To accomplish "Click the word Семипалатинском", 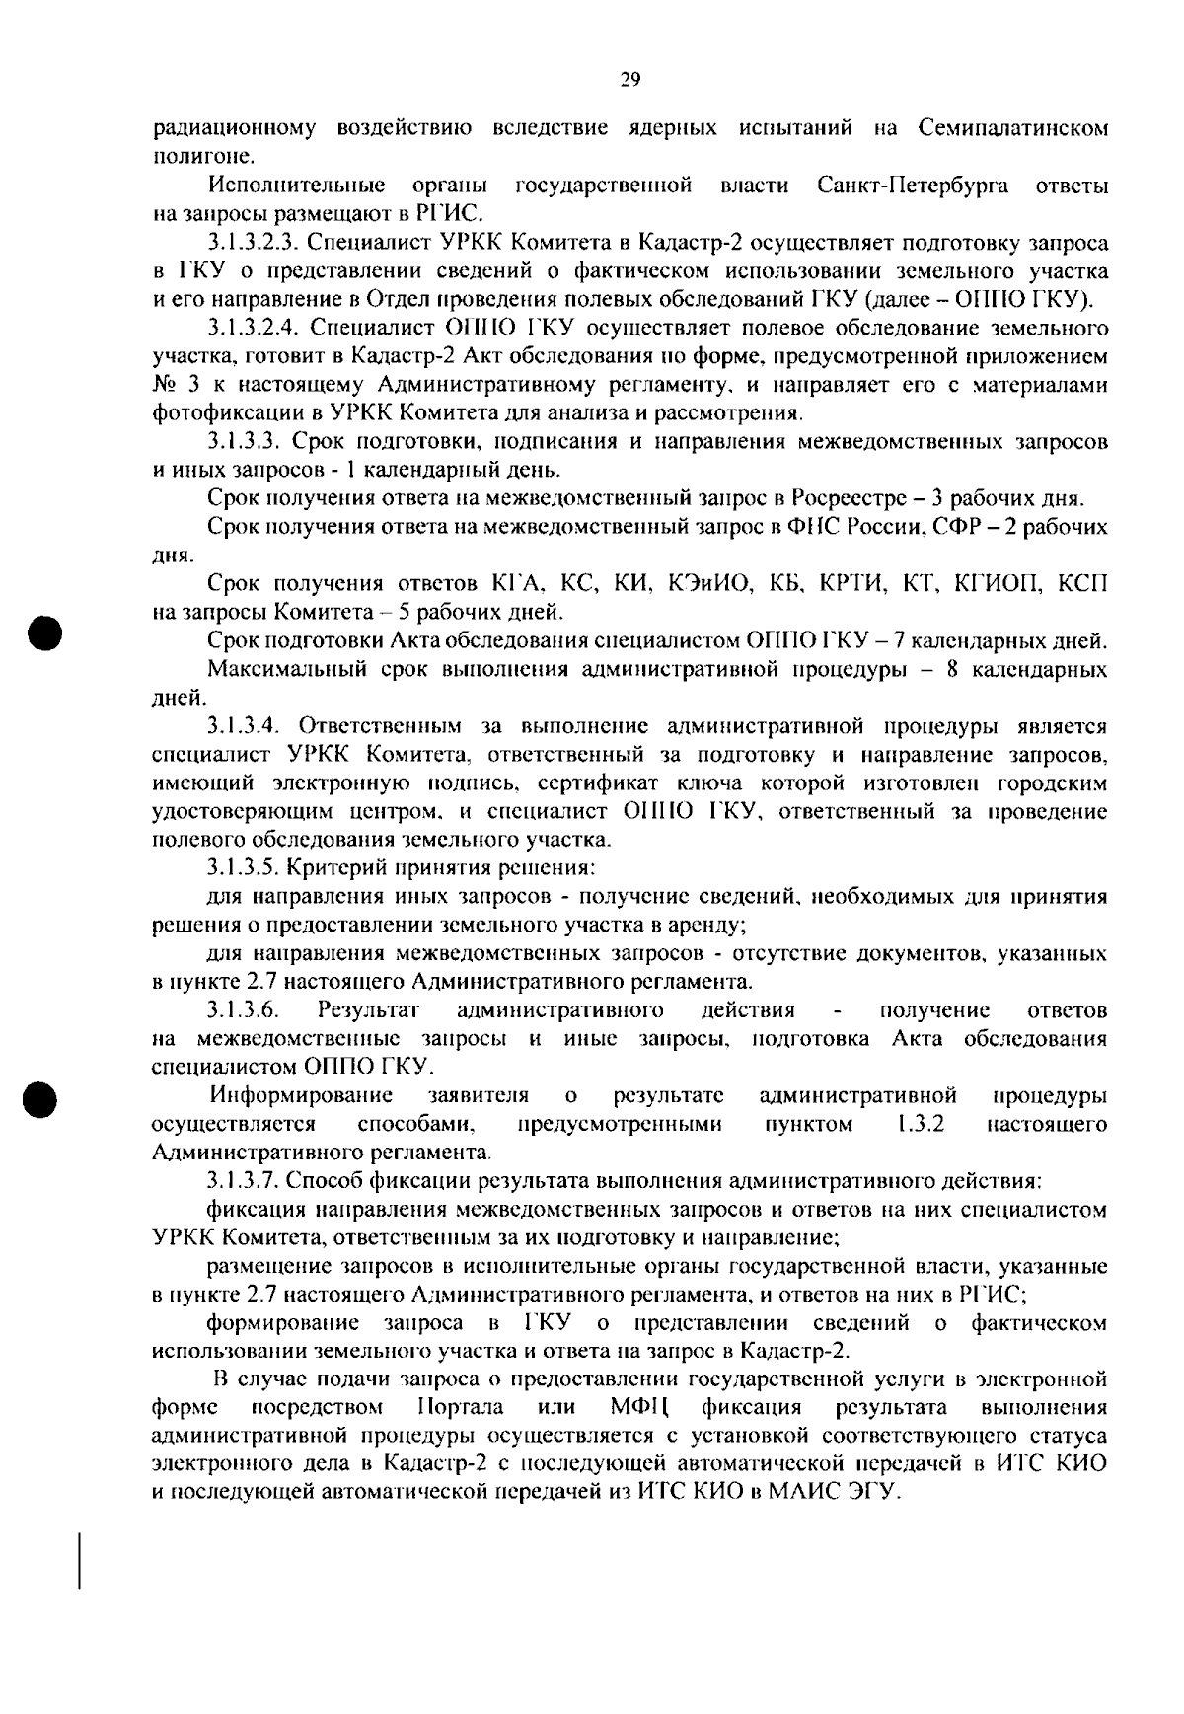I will coord(1012,128).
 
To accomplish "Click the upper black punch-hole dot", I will coord(45,632).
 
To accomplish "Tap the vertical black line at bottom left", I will coord(80,1559).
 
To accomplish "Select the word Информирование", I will coord(301,1095).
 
